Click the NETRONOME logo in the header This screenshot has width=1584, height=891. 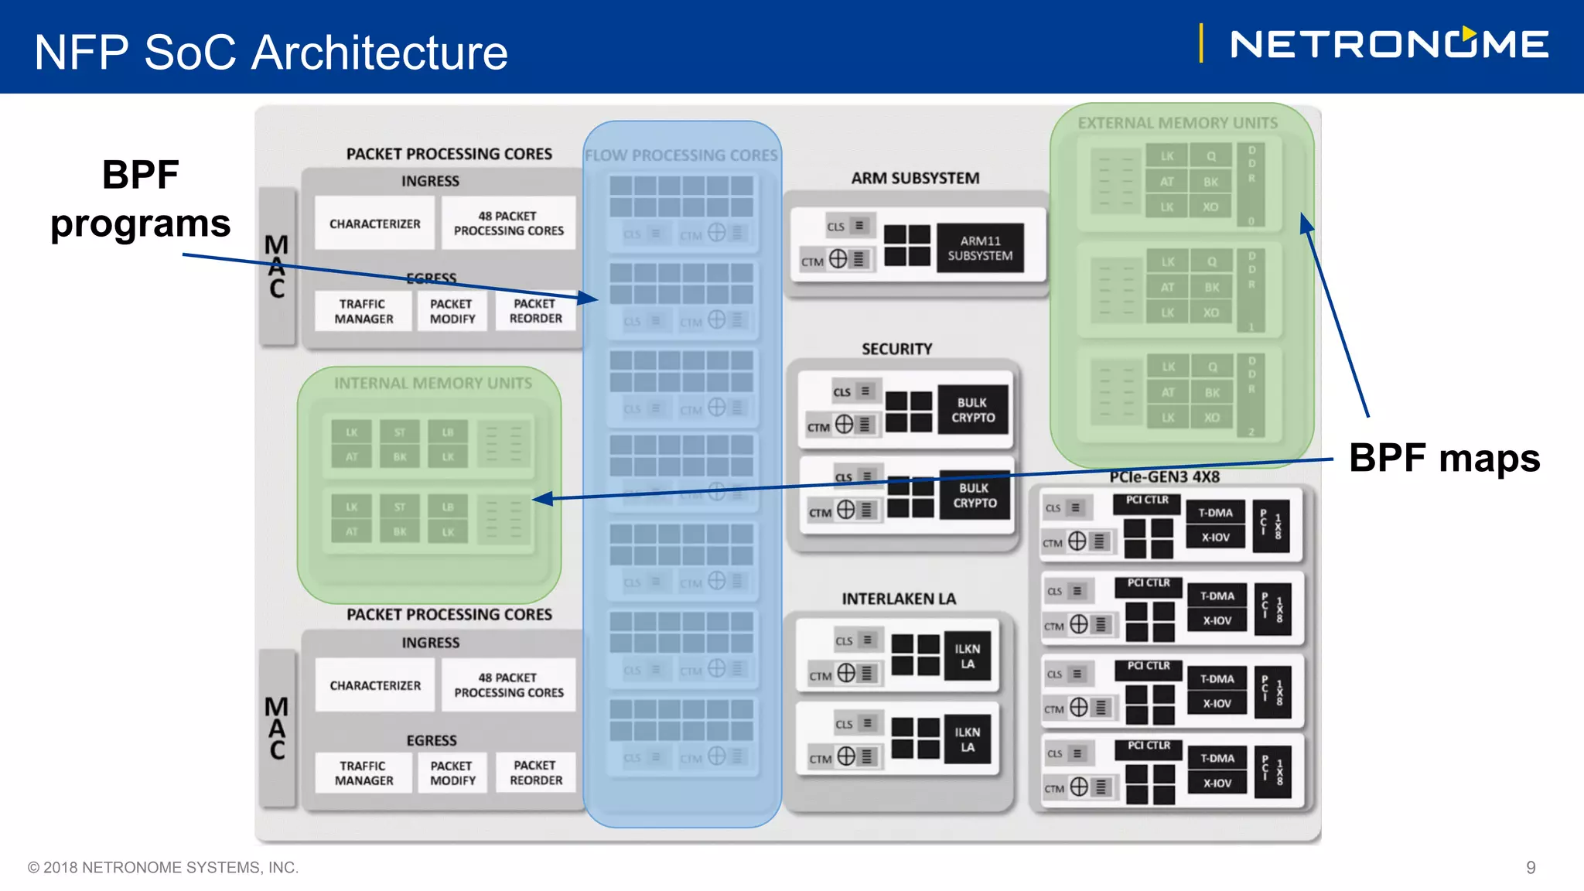tap(1388, 44)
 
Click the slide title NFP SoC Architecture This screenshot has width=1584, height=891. tap(271, 53)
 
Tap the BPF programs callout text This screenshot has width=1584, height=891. tap(140, 199)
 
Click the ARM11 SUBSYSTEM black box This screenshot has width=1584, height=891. tap(980, 248)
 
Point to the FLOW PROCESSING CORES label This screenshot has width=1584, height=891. tap(681, 155)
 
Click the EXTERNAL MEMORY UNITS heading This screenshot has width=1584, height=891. tap(1177, 123)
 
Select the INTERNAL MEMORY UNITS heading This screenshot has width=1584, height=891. tap(432, 384)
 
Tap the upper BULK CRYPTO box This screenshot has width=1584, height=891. tap(973, 410)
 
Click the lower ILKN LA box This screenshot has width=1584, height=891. tap(967, 739)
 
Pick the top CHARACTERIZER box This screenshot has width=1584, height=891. tap(374, 224)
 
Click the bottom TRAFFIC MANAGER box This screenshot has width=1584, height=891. tap(364, 773)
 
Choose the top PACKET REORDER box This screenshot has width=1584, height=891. tap(535, 311)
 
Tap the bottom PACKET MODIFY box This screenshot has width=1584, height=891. tap(452, 773)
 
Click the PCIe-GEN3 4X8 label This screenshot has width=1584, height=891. tap(1164, 476)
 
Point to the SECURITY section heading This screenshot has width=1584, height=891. tap(896, 349)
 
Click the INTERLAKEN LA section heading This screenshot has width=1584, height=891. tap(898, 599)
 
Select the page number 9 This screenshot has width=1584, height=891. tap(1530, 867)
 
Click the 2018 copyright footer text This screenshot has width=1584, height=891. tap(163, 867)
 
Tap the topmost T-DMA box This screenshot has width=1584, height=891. tap(1215, 513)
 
